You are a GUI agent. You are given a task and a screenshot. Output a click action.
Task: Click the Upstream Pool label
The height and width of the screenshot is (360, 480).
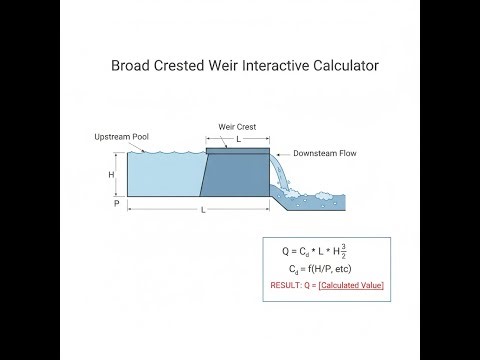point(122,136)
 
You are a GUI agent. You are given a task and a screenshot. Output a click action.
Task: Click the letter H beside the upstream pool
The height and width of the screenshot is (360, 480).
point(112,173)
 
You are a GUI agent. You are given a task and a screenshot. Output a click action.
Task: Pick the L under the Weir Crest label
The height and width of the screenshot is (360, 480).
point(238,140)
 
